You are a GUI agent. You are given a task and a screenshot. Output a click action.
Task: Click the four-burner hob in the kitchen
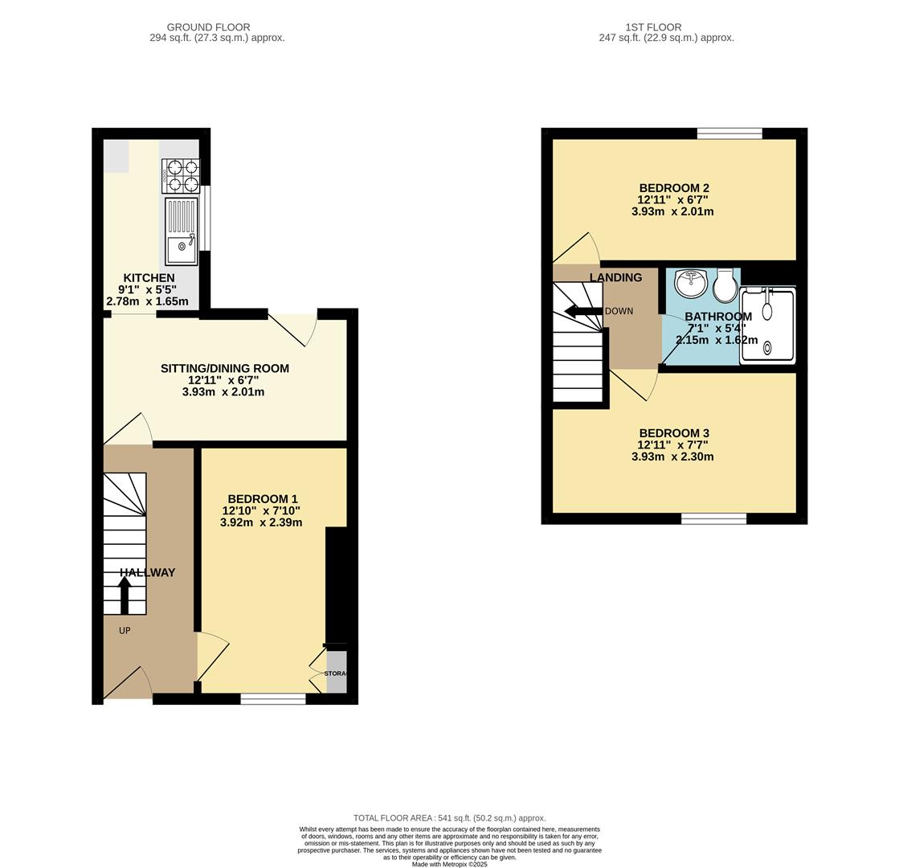[181, 176]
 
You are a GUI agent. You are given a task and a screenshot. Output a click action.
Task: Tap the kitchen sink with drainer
[181, 231]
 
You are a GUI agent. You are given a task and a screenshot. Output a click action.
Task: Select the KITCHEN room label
[149, 278]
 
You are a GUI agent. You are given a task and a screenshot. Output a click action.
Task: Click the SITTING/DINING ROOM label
[224, 369]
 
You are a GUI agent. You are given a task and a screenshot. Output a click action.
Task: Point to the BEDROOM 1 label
[262, 499]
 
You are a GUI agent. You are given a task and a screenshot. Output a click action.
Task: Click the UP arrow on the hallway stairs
[125, 595]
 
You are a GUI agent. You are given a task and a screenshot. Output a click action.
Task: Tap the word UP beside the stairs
[125, 631]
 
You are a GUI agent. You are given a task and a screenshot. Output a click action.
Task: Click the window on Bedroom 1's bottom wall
[273, 699]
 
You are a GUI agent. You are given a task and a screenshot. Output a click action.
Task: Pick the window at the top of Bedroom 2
[729, 133]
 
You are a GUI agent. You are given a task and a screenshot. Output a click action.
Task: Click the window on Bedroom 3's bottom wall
[713, 519]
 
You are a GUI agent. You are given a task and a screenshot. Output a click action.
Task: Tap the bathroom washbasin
[689, 284]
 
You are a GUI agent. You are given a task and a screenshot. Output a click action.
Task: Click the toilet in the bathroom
[725, 284]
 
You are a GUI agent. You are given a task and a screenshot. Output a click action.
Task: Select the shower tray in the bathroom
[768, 325]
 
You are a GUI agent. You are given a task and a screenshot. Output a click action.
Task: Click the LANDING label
[615, 278]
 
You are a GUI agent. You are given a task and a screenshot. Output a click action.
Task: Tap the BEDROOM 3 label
[673, 433]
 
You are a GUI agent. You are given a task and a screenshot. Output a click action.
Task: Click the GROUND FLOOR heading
[208, 27]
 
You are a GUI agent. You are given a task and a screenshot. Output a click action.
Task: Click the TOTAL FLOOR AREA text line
[449, 818]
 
